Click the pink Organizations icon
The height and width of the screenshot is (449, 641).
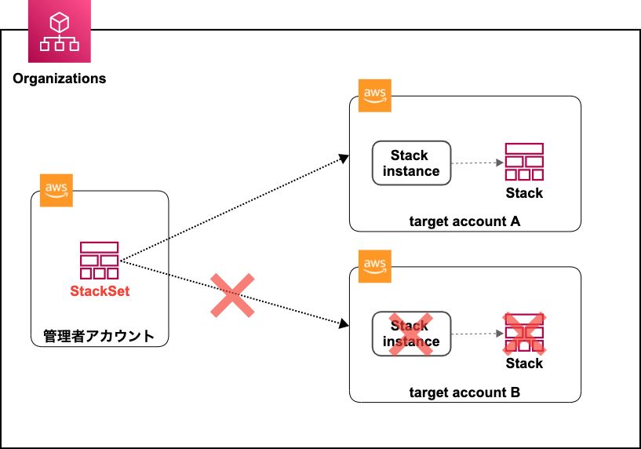coord(60,31)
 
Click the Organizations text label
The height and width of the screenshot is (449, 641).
coord(60,78)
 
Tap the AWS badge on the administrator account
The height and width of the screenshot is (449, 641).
coord(56,191)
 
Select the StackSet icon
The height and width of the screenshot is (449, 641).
coord(99,261)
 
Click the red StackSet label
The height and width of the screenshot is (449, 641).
coord(100,291)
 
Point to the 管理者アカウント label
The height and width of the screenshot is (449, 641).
coord(99,337)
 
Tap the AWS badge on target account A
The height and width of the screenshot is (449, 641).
coord(374,96)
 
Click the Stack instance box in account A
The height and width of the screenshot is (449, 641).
coord(411,163)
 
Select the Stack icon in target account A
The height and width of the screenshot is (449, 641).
coord(524,162)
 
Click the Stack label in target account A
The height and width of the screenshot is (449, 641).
coord(524,193)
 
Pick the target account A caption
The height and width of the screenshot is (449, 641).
coord(464,221)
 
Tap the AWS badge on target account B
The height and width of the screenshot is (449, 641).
coord(374,266)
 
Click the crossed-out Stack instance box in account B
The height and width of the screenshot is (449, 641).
coord(411,334)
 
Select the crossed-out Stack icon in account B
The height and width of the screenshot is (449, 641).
coord(524,333)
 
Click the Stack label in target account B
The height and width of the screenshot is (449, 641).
coord(524,363)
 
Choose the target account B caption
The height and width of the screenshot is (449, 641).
coord(464,392)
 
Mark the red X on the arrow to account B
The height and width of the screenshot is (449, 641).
coord(233,295)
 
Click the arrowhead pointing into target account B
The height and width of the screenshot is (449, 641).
coord(344,324)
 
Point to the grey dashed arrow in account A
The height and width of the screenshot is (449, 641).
coord(477,163)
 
